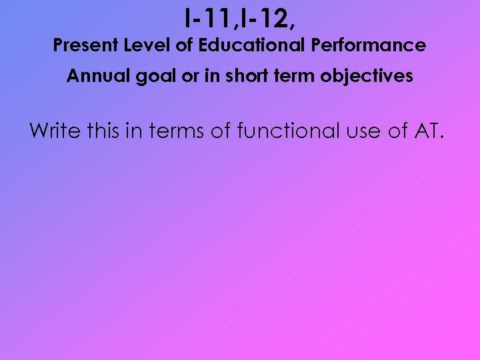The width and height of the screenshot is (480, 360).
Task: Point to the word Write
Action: (x=56, y=131)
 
